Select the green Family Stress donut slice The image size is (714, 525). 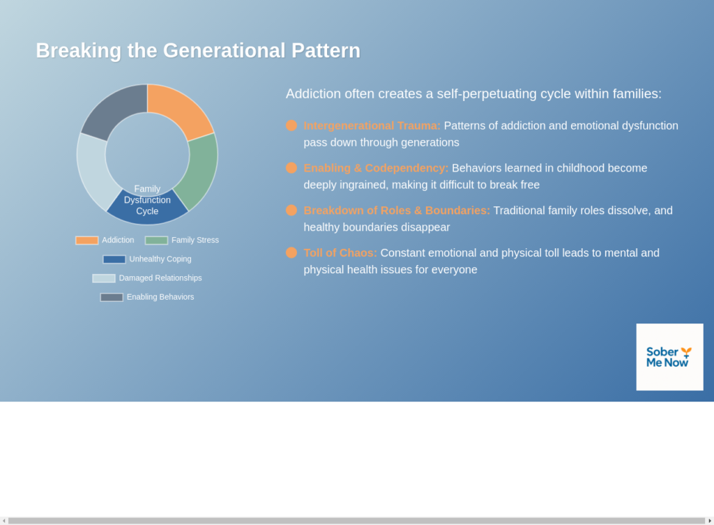(x=199, y=170)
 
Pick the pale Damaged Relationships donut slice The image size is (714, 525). (x=95, y=170)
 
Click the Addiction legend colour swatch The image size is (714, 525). (x=87, y=241)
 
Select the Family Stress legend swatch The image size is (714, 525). (x=156, y=241)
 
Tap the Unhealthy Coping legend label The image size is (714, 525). (x=160, y=259)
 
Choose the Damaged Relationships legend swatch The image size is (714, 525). (x=104, y=278)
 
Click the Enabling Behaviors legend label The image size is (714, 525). (x=160, y=297)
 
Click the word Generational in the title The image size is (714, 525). (x=224, y=50)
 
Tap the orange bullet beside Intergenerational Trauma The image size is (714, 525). (x=291, y=125)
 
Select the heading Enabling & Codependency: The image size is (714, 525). (x=376, y=168)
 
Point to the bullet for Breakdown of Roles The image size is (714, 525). (x=291, y=210)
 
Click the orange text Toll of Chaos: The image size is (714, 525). (x=340, y=252)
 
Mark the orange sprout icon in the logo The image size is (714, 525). (x=686, y=353)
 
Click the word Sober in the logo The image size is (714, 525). (x=662, y=352)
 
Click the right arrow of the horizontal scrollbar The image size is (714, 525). (x=710, y=521)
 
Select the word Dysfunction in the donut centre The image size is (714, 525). (x=147, y=200)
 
